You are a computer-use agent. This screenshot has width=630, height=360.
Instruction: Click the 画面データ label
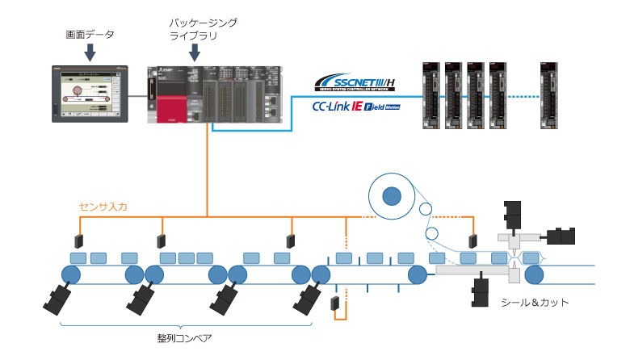pos(90,35)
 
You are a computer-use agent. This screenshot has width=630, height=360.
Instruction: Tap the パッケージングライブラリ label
pos(196,30)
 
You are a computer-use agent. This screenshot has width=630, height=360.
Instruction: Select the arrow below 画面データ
pos(90,52)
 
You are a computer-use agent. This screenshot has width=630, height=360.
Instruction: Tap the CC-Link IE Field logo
pos(355,105)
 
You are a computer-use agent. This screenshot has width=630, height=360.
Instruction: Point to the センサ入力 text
pos(103,207)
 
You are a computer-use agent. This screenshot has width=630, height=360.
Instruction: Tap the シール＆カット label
pos(535,303)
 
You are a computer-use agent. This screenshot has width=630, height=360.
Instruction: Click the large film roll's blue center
pos(392,195)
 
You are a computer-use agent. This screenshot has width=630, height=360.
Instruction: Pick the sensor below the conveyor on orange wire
pos(334,304)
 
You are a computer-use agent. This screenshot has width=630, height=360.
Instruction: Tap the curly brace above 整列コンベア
pos(185,324)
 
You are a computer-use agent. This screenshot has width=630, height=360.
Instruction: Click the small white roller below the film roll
pos(433,235)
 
